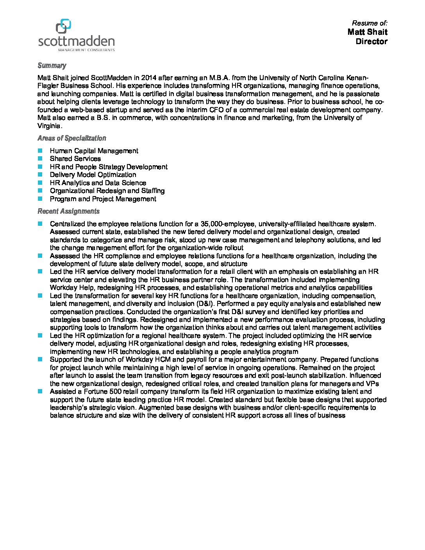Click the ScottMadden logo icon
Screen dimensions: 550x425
pyautogui.click(x=64, y=26)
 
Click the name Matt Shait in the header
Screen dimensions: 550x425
pyautogui.click(x=367, y=32)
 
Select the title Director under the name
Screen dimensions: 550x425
pyautogui.click(x=371, y=41)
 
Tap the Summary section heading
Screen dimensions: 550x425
pyautogui.click(x=52, y=66)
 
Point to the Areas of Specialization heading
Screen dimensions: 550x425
pyautogui.click(x=71, y=138)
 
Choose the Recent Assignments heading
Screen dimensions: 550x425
pyautogui.click(x=68, y=211)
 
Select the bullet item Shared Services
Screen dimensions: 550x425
pyautogui.click(x=75, y=159)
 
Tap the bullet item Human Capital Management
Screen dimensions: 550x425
pyautogui.click(x=94, y=151)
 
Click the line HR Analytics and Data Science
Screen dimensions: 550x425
pyautogui.click(x=98, y=183)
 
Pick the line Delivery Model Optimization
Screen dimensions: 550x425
pyautogui.click(x=93, y=175)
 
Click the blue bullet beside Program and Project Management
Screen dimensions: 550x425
pyautogui.click(x=40, y=199)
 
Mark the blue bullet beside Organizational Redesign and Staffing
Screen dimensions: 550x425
pyautogui.click(x=40, y=191)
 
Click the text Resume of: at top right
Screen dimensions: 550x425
pyautogui.click(x=370, y=23)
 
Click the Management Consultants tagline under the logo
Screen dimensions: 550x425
pyautogui.click(x=86, y=50)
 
